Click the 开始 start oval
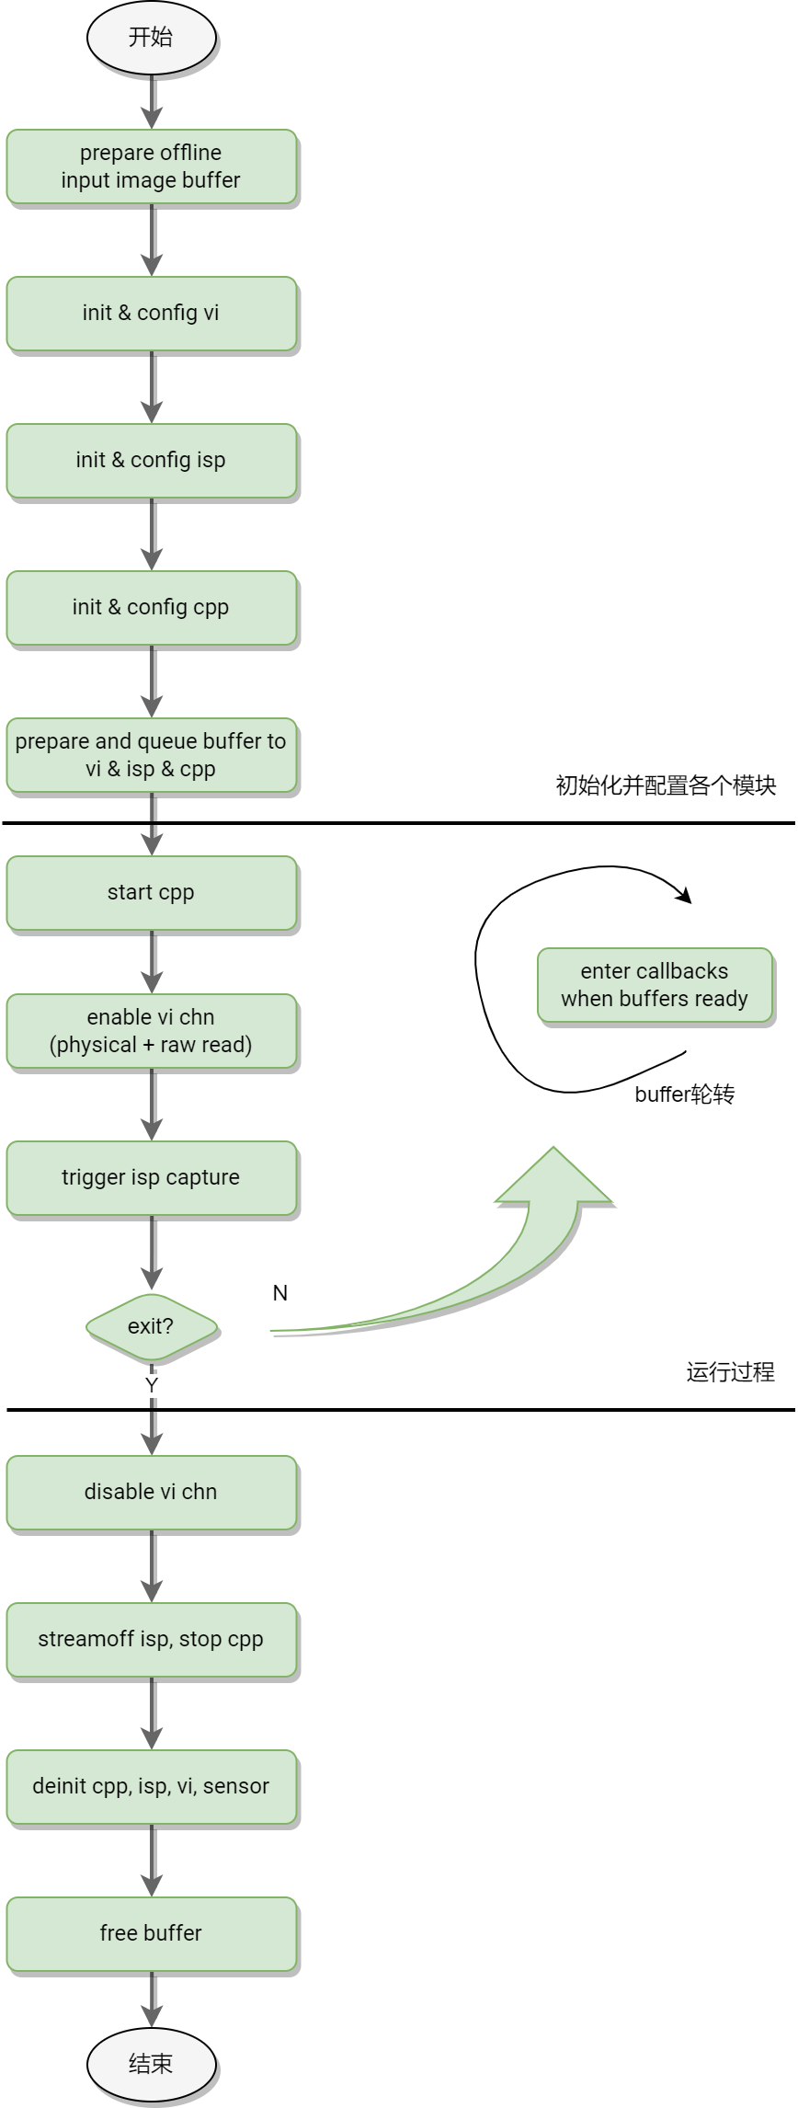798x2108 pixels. [x=151, y=38]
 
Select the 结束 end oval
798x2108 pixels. [x=151, y=2064]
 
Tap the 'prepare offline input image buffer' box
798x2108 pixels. [x=151, y=166]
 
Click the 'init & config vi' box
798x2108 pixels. [x=151, y=314]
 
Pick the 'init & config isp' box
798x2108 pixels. [x=151, y=461]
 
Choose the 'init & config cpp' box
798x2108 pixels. [x=151, y=608]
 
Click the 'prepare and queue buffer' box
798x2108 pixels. [x=151, y=755]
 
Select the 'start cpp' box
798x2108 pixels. [x=151, y=893]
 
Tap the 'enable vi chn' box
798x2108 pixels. [x=151, y=1031]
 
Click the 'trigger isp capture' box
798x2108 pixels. [x=151, y=1178]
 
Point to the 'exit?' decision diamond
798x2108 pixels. [x=151, y=1327]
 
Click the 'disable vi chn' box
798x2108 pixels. [x=151, y=1493]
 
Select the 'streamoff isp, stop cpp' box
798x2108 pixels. [x=151, y=1640]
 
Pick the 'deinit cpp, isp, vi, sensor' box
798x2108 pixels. [x=151, y=1787]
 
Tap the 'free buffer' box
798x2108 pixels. [x=151, y=1934]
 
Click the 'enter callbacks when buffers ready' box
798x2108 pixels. [x=655, y=985]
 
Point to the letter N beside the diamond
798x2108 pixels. [x=280, y=1293]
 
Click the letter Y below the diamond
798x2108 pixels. [x=152, y=1385]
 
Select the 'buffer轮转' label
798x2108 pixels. [x=685, y=1094]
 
